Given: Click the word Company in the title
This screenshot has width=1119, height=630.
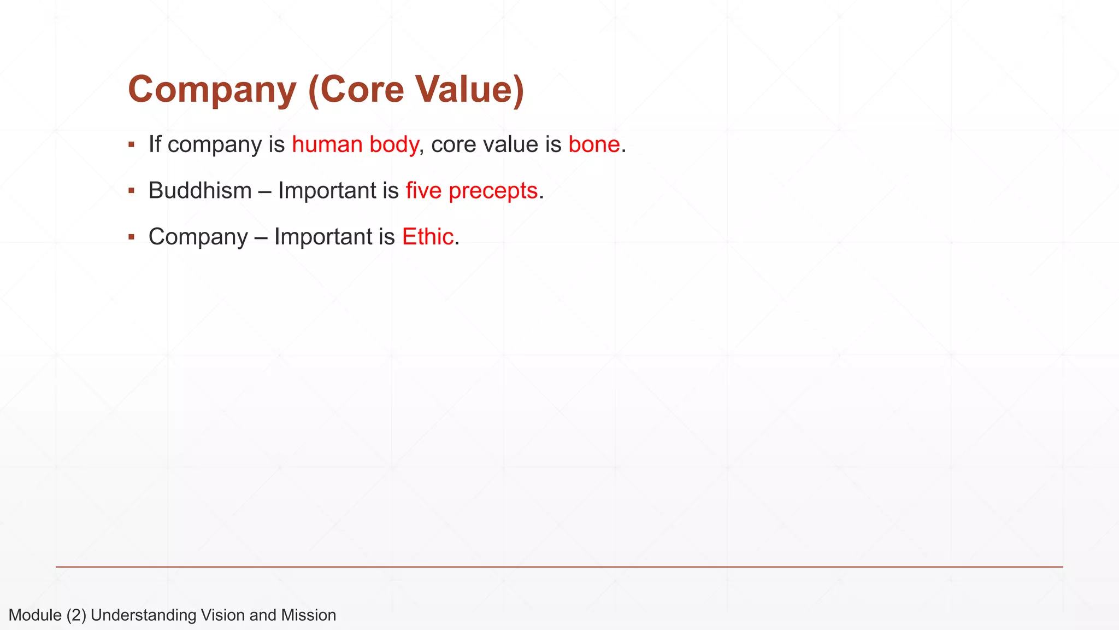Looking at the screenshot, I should (212, 89).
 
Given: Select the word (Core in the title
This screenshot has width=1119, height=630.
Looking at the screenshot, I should (356, 89).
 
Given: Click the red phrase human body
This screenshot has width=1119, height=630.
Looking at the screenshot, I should (355, 145).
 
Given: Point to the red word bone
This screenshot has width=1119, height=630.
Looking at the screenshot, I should (594, 145).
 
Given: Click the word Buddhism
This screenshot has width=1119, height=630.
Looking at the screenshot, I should (200, 191).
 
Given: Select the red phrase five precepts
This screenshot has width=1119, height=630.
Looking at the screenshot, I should (472, 191).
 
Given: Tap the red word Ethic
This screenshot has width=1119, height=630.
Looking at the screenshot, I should (428, 237).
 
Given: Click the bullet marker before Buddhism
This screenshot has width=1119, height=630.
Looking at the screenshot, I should (132, 191).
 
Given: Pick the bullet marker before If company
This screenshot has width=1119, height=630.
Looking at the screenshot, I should (132, 145).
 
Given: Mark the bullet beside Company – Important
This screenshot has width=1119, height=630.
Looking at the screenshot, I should (132, 237).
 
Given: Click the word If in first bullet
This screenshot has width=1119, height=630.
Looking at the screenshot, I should (155, 145).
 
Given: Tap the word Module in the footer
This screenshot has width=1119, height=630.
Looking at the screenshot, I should (35, 615).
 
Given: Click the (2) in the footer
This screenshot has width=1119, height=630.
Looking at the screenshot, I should (76, 615).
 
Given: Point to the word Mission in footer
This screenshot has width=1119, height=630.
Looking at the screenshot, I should (308, 615).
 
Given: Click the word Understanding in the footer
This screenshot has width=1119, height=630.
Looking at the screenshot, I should (143, 615).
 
